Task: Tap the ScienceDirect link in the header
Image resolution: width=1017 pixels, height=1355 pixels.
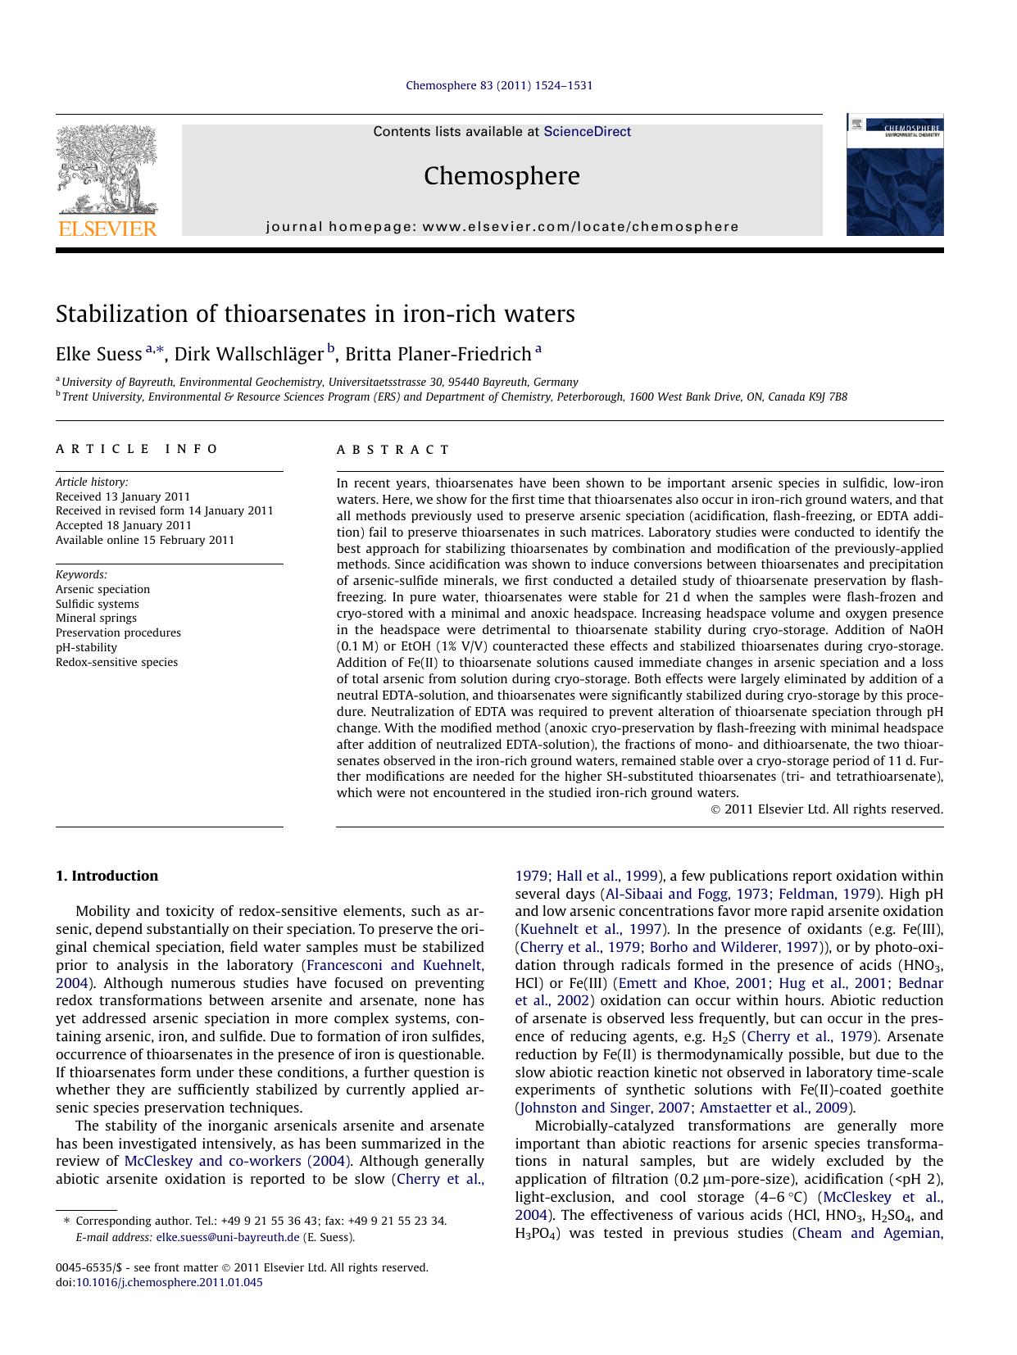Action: (587, 131)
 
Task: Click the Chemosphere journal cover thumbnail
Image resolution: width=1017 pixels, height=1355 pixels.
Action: (894, 175)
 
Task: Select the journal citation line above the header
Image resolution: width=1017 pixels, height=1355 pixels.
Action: (499, 85)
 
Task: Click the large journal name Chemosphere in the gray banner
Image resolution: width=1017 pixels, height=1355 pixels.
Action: (502, 175)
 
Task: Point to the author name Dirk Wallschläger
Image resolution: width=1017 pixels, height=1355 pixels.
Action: (248, 354)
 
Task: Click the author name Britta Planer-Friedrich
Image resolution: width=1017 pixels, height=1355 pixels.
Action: (438, 354)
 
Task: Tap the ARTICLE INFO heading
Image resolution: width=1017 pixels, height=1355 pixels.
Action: (137, 449)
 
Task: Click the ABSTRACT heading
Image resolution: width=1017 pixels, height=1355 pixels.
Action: (393, 450)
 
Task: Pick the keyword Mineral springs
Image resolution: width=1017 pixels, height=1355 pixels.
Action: (96, 618)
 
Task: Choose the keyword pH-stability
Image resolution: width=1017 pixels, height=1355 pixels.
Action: (86, 647)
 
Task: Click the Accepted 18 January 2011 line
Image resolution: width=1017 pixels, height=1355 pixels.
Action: (123, 525)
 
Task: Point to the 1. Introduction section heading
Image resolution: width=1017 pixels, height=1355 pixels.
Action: (107, 876)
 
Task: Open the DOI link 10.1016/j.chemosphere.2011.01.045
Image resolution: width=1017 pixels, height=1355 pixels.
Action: (169, 1282)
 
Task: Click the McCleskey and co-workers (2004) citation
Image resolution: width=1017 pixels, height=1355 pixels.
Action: (238, 1161)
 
